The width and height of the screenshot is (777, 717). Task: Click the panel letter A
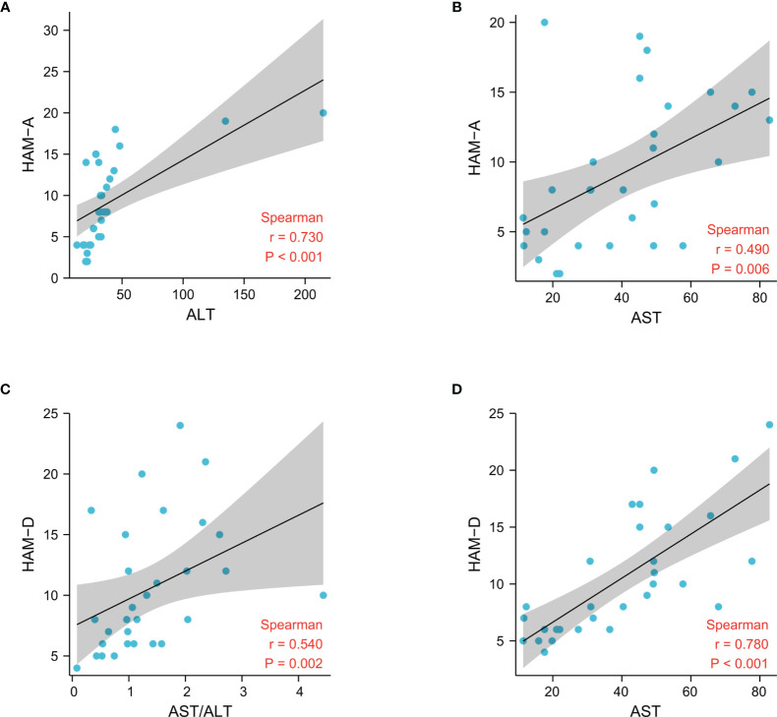[x=7, y=7]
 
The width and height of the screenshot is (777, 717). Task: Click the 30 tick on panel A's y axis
[x=51, y=30]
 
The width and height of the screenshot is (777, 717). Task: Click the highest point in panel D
[x=769, y=425]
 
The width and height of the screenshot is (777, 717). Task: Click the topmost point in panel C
[x=180, y=426]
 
